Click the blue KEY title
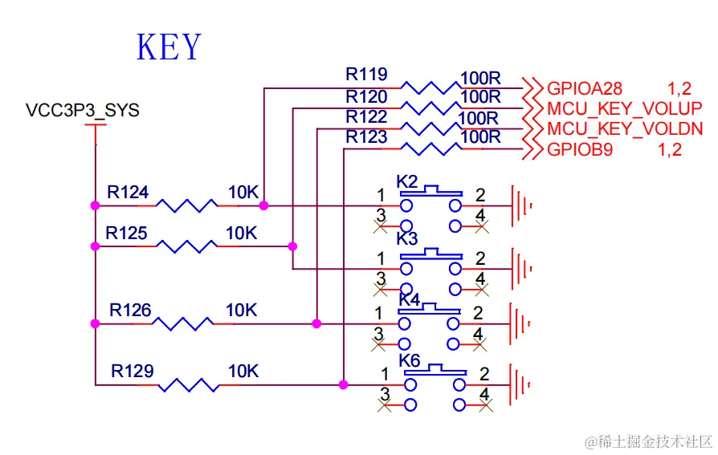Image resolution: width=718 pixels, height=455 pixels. click(169, 47)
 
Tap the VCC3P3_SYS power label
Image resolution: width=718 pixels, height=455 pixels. click(83, 111)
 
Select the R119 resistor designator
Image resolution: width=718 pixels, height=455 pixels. click(366, 75)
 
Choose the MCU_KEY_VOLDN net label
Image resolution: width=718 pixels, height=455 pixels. click(626, 128)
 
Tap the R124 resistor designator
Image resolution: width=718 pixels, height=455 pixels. click(128, 193)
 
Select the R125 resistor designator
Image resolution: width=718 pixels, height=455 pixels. click(127, 233)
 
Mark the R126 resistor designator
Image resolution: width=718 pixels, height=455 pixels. click(131, 310)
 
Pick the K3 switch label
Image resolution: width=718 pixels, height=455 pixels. click(407, 239)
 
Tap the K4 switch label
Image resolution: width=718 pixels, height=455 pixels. click(410, 299)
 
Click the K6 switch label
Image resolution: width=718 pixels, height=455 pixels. click(410, 360)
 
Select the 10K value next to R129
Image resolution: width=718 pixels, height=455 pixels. click(243, 372)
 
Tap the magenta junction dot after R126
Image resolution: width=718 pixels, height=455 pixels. click(316, 324)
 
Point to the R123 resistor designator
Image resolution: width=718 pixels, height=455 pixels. click(366, 137)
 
